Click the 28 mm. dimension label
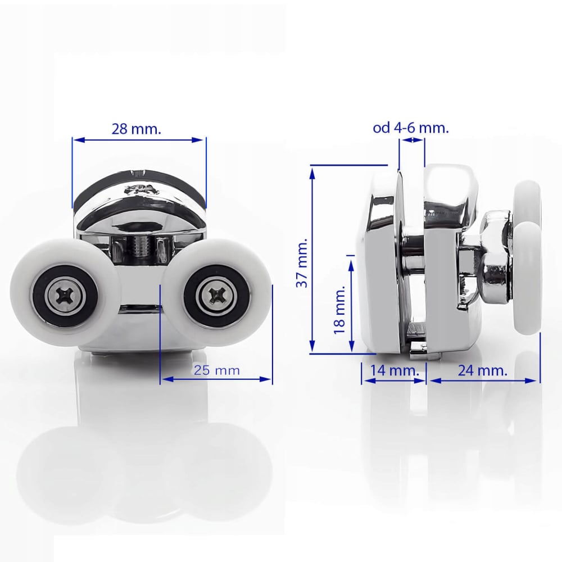[137, 129]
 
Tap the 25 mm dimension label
[217, 370]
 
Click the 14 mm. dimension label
[394, 370]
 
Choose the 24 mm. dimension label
[483, 370]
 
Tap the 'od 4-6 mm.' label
[411, 128]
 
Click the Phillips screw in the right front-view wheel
[217, 293]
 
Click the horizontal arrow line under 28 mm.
[139, 139]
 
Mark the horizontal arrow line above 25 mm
[216, 379]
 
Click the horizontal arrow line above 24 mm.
[483, 380]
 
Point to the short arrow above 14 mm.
[394, 380]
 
